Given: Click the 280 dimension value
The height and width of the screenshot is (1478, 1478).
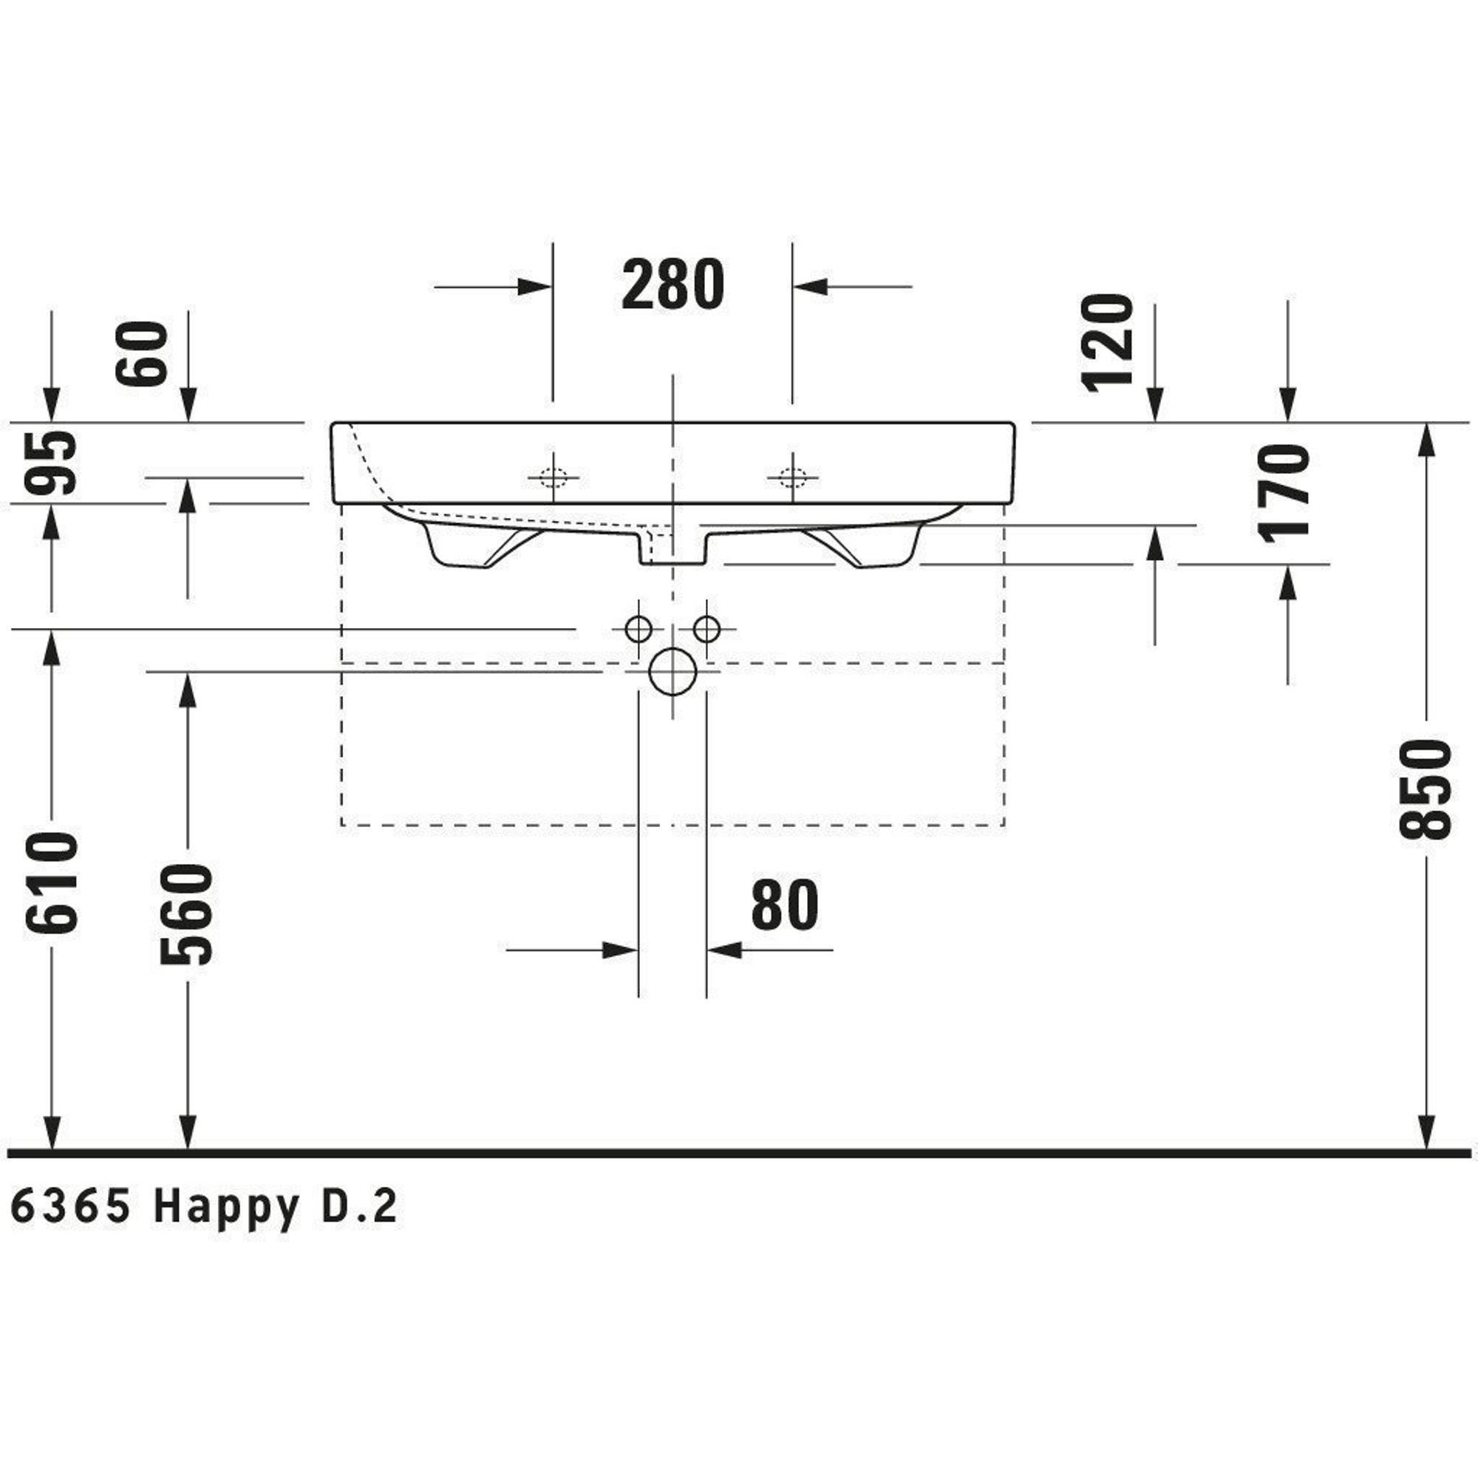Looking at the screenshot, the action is pyautogui.click(x=672, y=284).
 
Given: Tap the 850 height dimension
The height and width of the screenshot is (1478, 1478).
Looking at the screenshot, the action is pyautogui.click(x=1425, y=789).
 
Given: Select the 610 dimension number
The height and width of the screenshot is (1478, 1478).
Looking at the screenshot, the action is pyautogui.click(x=51, y=883).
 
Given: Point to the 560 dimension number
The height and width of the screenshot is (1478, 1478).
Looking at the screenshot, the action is pyautogui.click(x=186, y=915).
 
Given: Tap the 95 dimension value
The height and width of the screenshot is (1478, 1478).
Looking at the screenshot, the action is pyautogui.click(x=51, y=463).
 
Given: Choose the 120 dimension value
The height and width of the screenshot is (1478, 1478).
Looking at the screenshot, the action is pyautogui.click(x=1106, y=344).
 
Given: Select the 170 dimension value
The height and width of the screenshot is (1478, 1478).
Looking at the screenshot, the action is pyautogui.click(x=1284, y=494).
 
